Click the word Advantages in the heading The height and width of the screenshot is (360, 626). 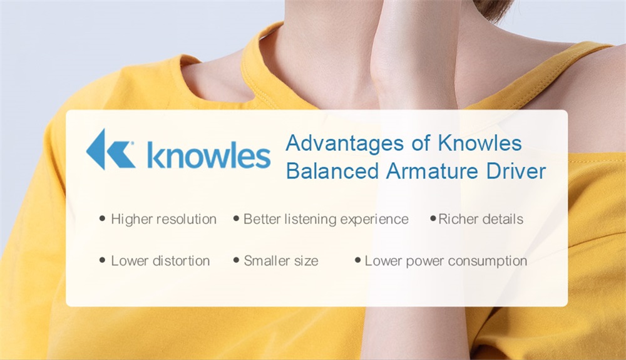345,143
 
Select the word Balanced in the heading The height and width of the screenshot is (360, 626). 332,171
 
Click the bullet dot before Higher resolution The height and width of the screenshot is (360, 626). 102,219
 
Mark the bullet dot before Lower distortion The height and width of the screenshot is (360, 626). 102,260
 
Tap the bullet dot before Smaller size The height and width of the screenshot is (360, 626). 237,260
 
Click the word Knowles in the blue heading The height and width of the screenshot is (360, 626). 480,143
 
